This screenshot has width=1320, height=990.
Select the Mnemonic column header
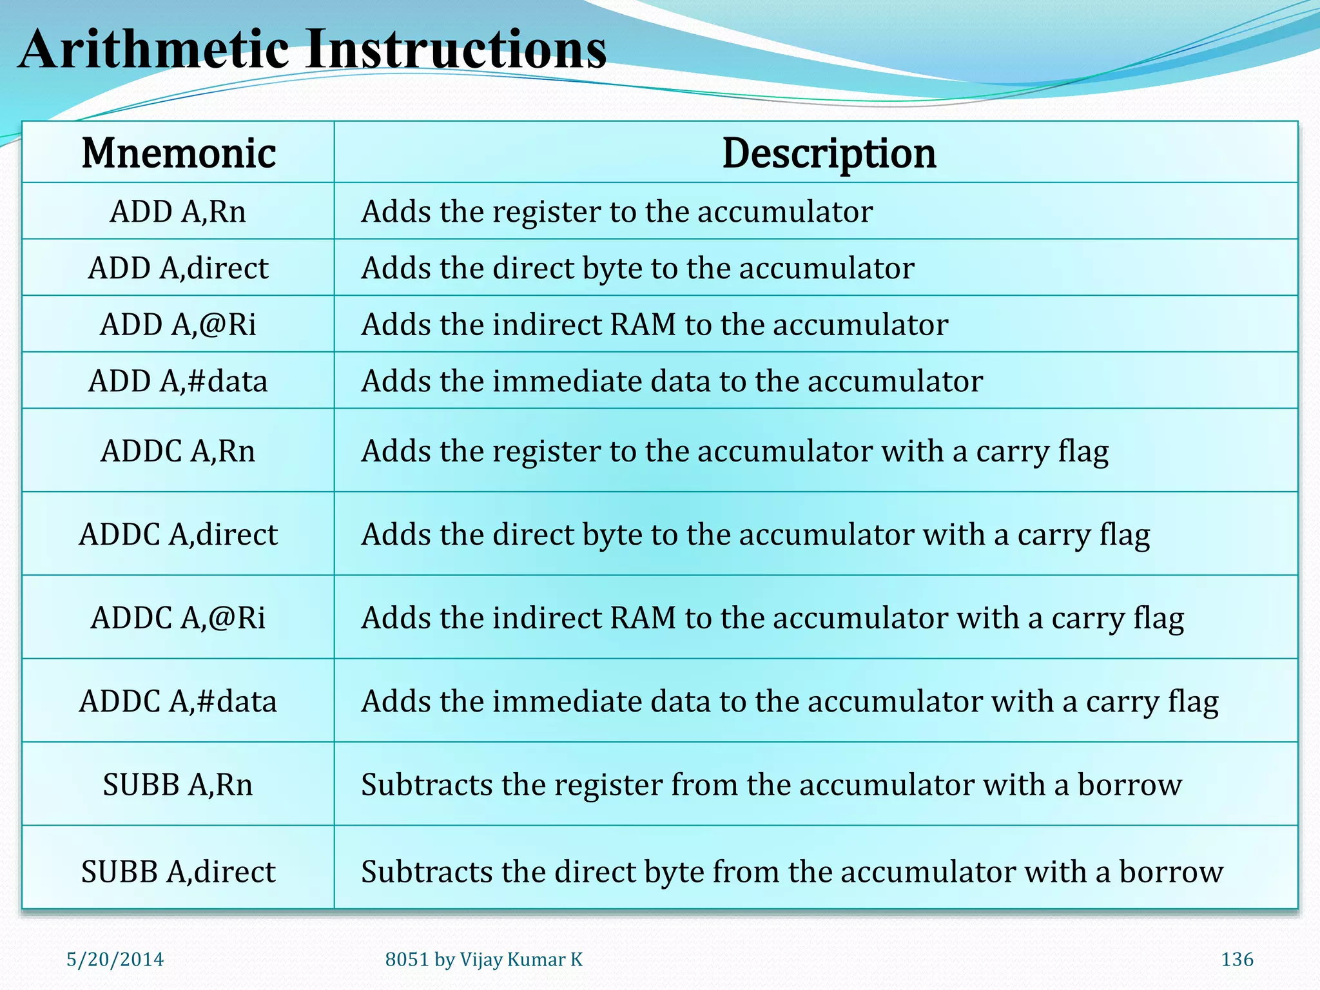coord(179,153)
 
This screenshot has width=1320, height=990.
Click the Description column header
coord(829,153)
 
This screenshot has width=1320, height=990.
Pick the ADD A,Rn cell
coord(179,211)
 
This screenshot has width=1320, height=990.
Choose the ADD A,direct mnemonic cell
coord(179,268)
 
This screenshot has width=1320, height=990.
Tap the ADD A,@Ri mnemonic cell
coord(179,324)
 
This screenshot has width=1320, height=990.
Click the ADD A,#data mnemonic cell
coord(179,381)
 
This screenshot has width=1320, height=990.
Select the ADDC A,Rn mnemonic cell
coord(179,451)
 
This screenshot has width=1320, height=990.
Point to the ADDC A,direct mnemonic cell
coord(179,534)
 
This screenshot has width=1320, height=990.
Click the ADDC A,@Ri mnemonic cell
coord(179,617)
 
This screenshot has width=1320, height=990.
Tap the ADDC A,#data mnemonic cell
coord(179,701)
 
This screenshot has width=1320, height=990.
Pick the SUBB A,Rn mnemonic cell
coord(179,784)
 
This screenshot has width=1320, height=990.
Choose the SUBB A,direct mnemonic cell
coord(179,871)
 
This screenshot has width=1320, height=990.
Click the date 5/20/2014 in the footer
coord(115,960)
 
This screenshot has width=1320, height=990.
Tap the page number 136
coord(1237,960)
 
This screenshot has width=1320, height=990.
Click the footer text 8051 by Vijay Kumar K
coord(483,960)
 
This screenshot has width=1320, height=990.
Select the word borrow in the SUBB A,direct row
coord(1170,871)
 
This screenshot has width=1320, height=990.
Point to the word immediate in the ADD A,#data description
coord(567,381)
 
